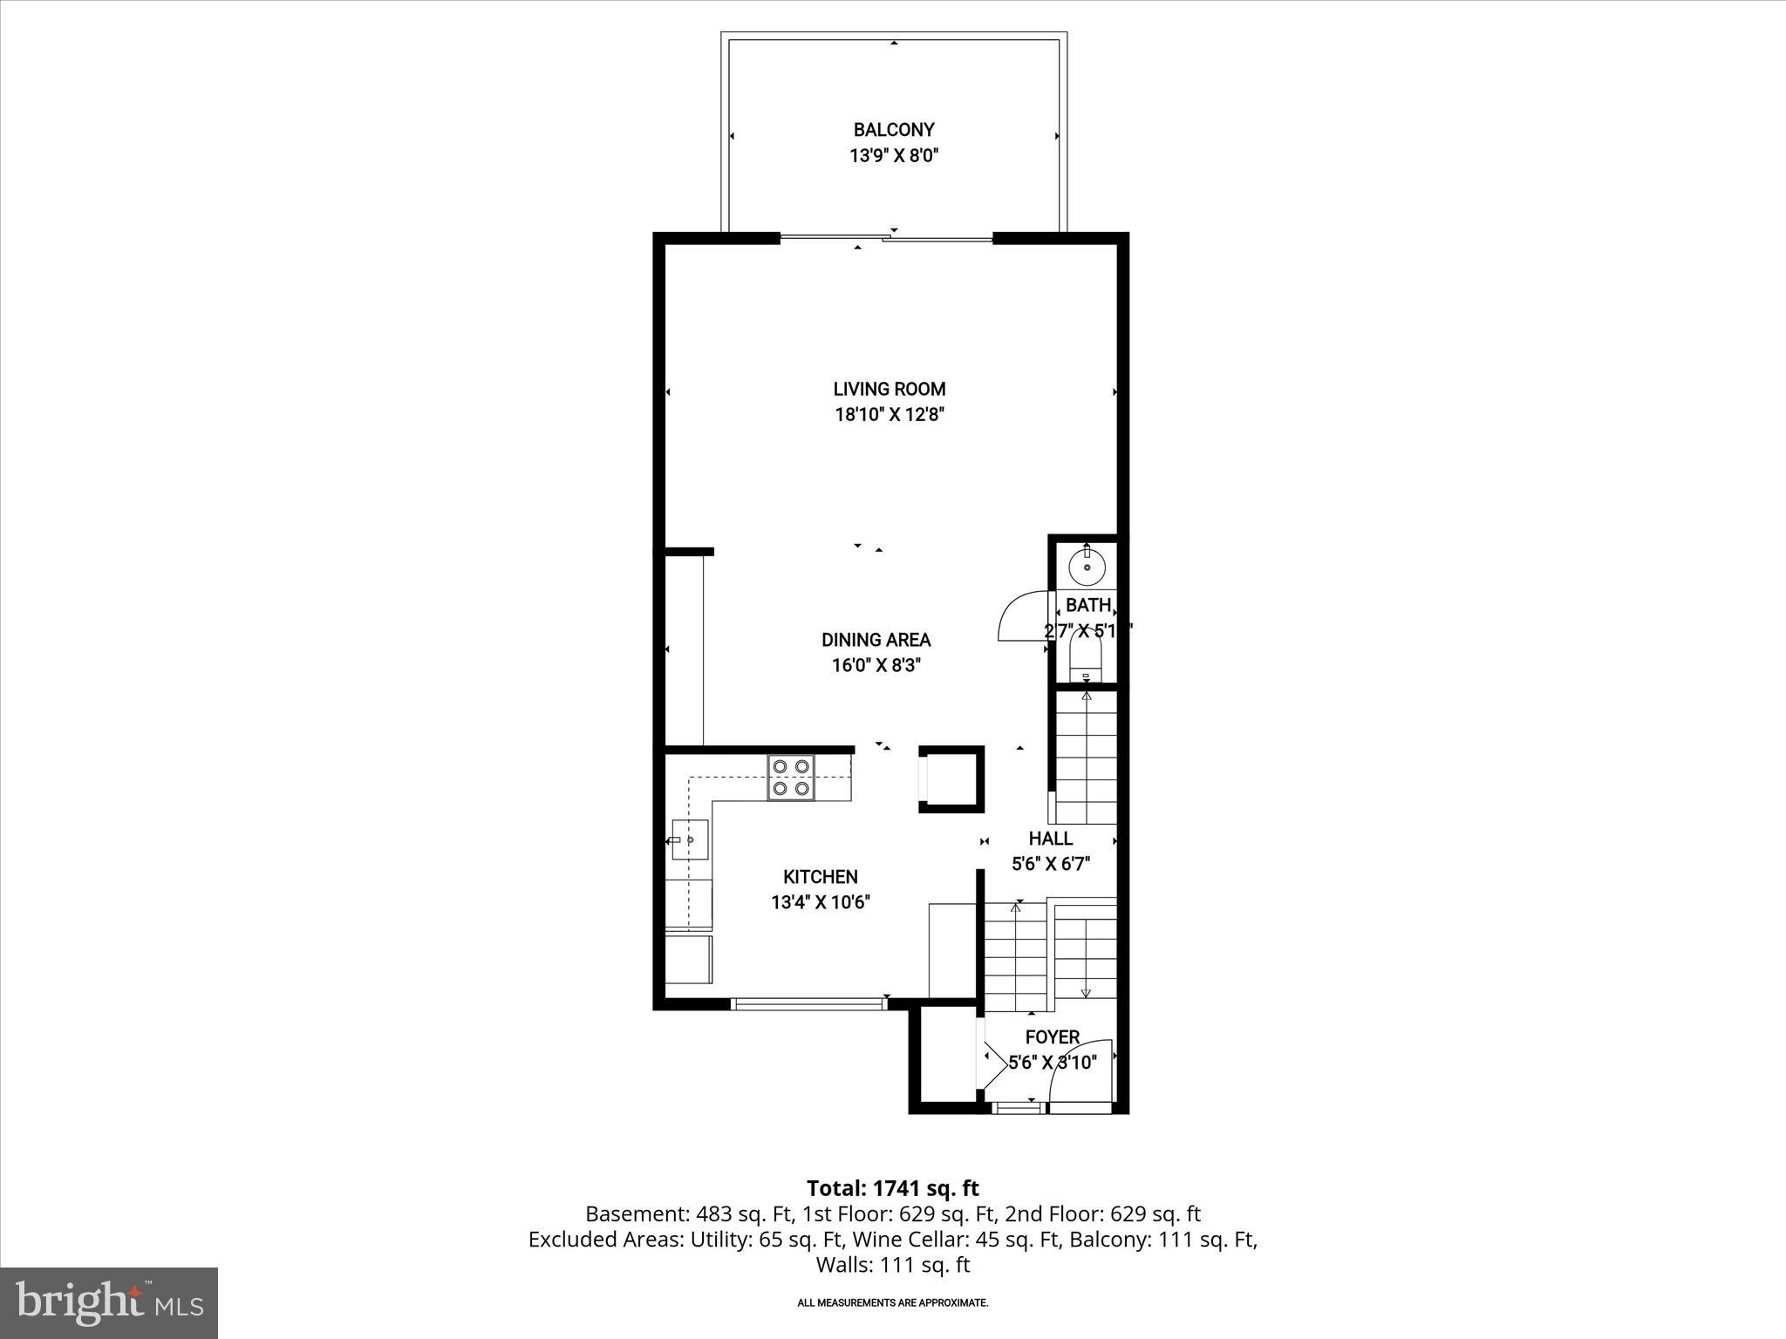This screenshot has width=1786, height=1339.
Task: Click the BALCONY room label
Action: pos(893,130)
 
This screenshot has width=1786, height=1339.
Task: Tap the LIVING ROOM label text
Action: pos(889,389)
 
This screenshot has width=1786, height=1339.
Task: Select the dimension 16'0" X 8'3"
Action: pos(876,665)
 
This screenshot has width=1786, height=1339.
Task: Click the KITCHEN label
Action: pos(820,877)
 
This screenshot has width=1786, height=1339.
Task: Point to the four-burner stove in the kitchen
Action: pos(791,778)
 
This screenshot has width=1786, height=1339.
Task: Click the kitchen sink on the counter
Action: pos(689,839)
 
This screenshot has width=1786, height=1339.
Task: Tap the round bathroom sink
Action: pos(1087,568)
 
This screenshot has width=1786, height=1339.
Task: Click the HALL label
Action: pos(1050,839)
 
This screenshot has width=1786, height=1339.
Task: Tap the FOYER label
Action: pos(1053,1037)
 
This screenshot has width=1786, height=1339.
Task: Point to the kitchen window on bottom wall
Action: pos(808,1004)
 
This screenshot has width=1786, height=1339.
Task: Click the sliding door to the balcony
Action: pos(886,237)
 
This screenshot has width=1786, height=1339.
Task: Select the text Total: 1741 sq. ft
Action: pos(892,1188)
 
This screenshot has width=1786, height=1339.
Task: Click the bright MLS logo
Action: pos(109,1302)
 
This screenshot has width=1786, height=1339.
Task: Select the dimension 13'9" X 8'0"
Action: pos(893,156)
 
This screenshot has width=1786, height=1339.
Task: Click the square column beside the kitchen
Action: pos(951,779)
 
